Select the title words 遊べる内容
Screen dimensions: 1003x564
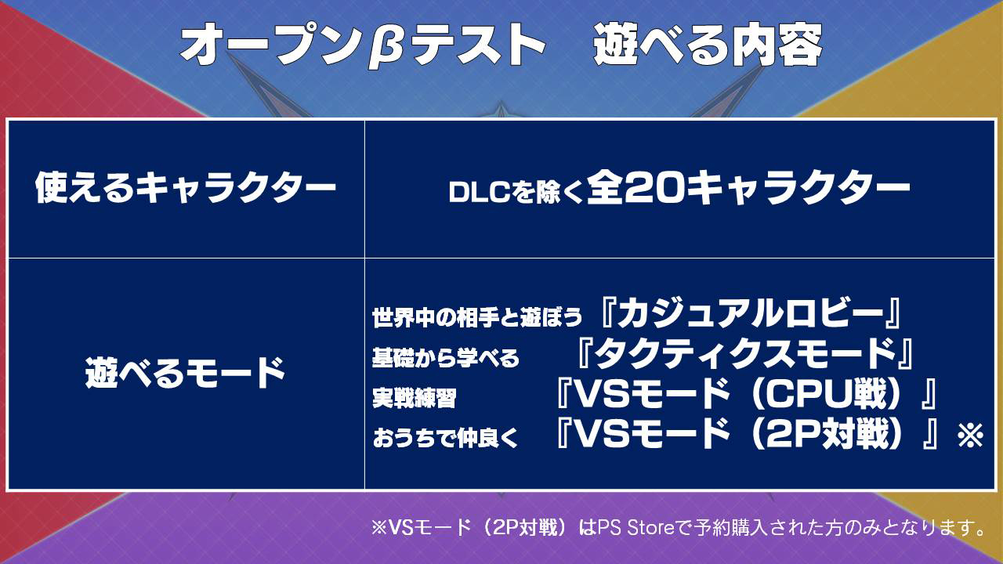[x=708, y=45]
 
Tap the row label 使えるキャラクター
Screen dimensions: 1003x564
[x=186, y=187]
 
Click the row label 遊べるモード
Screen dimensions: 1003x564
[x=186, y=372]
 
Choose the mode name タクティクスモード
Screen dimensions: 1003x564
[x=744, y=353]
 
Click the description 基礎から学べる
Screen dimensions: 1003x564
[x=446, y=358]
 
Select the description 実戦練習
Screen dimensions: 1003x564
[x=415, y=397]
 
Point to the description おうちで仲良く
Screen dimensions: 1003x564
[x=446, y=438]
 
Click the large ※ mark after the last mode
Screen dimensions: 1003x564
[x=970, y=435]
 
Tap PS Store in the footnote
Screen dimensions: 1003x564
[x=635, y=528]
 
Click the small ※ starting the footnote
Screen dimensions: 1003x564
[x=378, y=529]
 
